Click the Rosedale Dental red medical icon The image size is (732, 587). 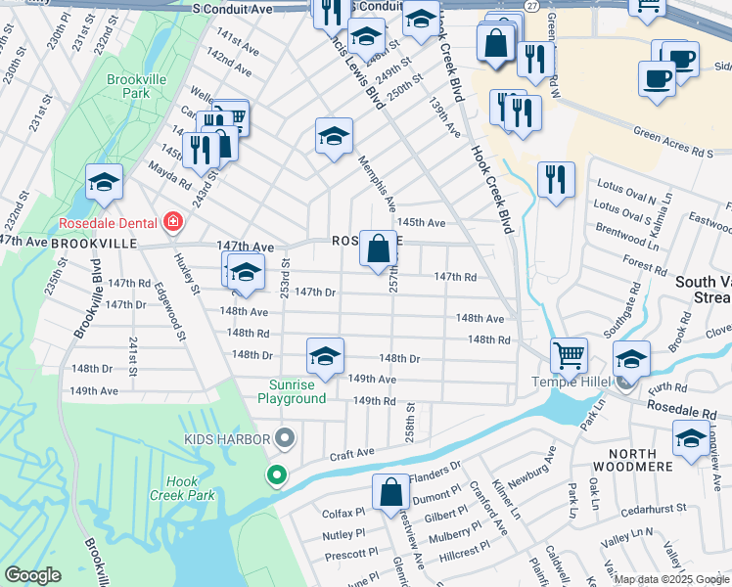pos(173,222)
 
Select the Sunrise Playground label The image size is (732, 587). pos(292,391)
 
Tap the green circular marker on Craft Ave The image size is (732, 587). pos(277,476)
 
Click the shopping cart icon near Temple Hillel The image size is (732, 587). pos(569,356)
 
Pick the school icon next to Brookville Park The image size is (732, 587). pos(104,182)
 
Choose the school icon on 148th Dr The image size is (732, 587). pos(326,356)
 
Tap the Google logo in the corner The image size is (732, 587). pos(32,575)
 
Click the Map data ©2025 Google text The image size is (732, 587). pos(670,579)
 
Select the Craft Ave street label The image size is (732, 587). pos(352,454)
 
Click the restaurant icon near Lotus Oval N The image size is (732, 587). pos(556,179)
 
